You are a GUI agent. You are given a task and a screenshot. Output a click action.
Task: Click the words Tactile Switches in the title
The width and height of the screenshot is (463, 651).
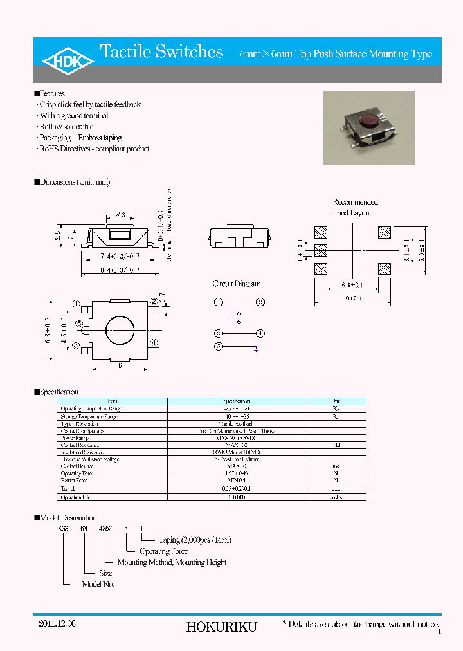coord(162,52)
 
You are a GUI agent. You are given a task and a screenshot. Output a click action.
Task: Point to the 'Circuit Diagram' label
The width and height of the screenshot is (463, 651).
coord(237,284)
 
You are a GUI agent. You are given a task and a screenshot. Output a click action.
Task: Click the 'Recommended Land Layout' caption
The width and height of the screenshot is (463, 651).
coord(355,207)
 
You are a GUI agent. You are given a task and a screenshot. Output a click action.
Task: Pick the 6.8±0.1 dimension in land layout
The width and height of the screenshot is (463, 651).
coord(350,285)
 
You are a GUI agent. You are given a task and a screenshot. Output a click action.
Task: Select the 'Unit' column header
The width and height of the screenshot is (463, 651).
coord(335,400)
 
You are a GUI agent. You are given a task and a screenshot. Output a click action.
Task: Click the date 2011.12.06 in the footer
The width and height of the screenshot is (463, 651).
coord(57,623)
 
